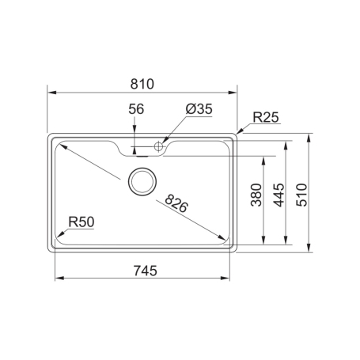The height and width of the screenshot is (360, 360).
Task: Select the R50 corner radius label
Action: [81, 222]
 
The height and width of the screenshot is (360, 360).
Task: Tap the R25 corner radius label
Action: [265, 118]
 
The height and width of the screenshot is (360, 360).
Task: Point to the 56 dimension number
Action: [135, 110]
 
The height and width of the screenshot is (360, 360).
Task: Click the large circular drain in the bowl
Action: [142, 181]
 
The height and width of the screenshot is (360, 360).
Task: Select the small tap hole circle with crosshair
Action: [158, 146]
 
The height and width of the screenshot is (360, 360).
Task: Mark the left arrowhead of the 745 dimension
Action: [56, 279]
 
